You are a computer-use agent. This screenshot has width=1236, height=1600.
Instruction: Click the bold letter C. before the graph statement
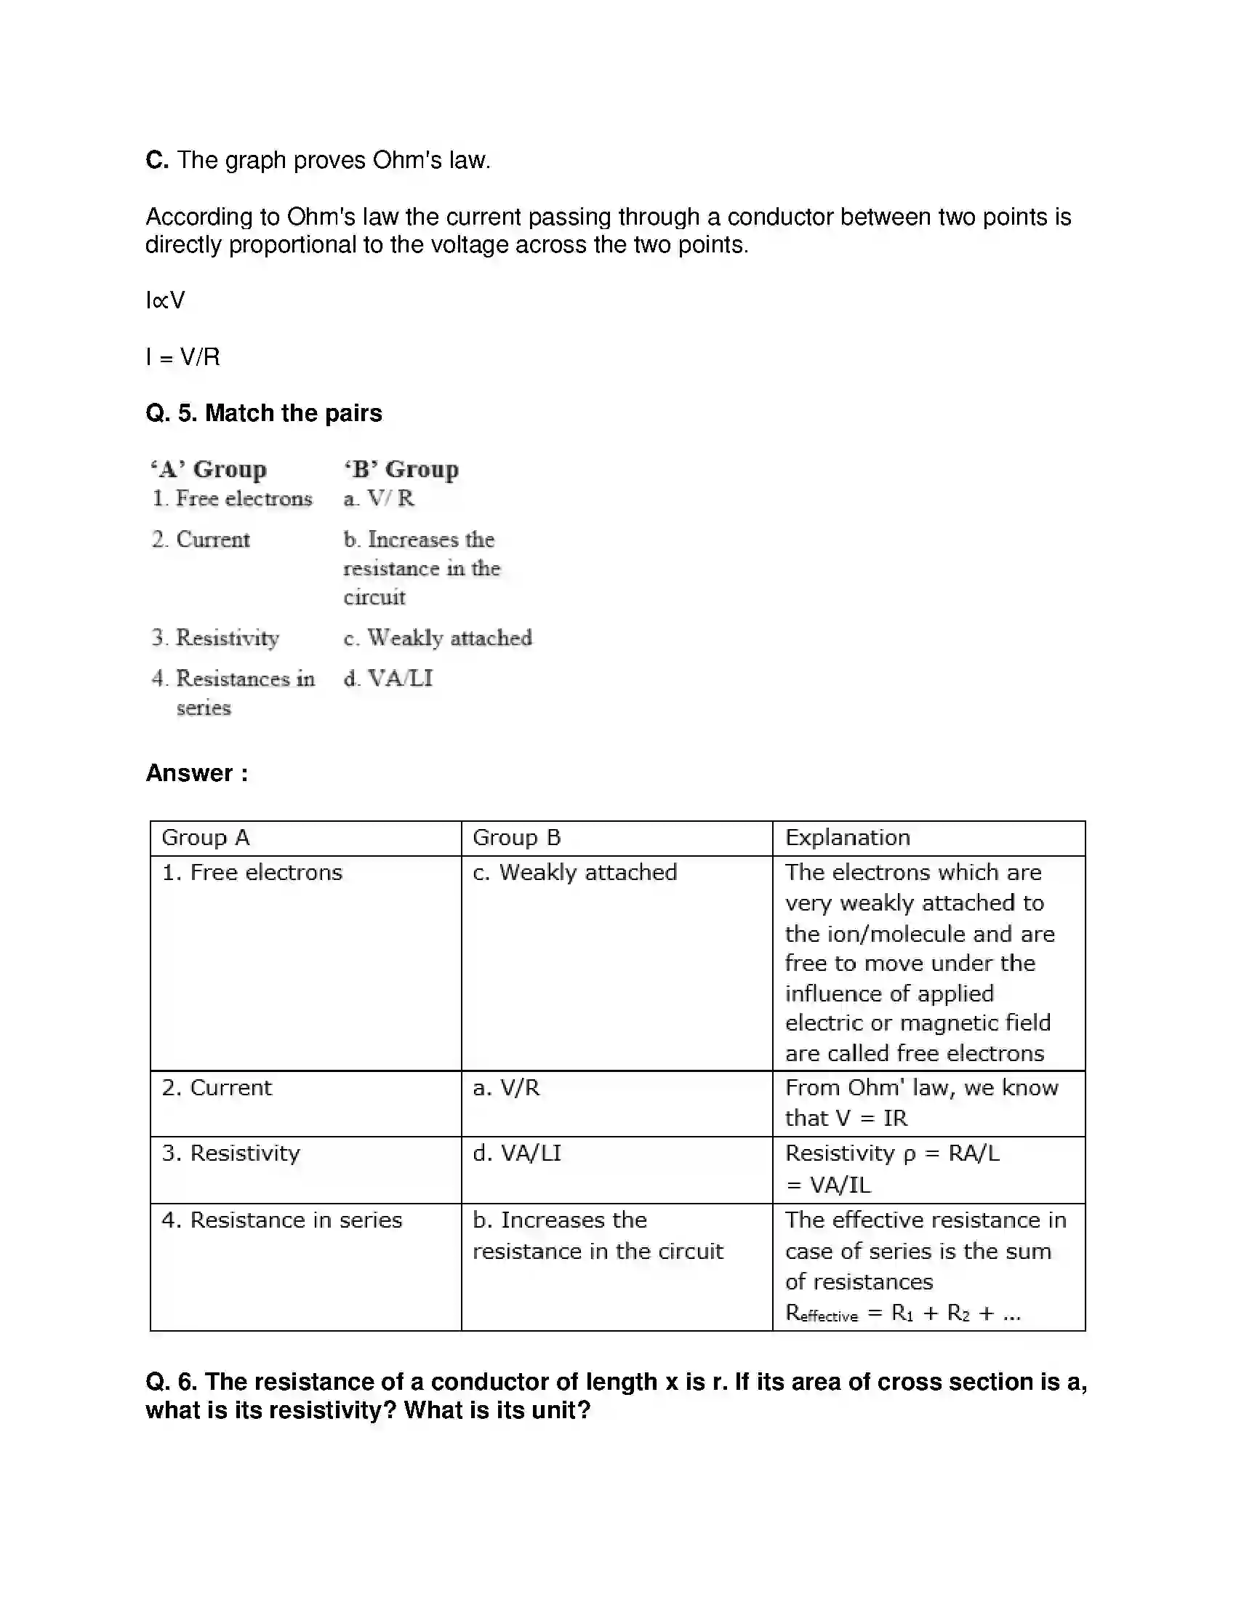[157, 160]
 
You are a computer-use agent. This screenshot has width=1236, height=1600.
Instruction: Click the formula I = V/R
[183, 357]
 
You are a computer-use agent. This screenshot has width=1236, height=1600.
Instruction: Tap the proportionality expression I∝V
[166, 300]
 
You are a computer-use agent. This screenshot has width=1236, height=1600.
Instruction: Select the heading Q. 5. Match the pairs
[264, 413]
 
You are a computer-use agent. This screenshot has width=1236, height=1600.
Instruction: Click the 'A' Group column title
[209, 469]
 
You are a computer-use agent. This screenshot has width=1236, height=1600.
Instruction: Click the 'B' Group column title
[401, 469]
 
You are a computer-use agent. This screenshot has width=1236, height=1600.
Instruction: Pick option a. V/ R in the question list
[379, 499]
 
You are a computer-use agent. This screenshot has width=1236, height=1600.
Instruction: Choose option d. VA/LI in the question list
[388, 679]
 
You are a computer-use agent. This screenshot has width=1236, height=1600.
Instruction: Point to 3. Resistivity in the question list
[215, 638]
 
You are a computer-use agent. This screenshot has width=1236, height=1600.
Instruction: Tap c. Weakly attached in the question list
[438, 638]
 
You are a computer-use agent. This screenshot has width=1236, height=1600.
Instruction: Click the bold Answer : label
[196, 773]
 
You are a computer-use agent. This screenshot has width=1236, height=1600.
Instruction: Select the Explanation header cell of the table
[847, 837]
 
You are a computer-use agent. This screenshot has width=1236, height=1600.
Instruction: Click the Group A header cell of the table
[206, 837]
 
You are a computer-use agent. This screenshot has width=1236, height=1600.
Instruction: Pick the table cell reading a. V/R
[506, 1088]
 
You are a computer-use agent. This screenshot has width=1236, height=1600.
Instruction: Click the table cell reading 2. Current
[217, 1088]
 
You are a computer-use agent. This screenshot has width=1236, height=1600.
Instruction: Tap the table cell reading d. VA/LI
[517, 1153]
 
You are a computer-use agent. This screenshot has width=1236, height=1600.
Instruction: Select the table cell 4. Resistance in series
[282, 1220]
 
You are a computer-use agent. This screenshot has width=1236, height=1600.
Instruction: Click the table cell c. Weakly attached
[575, 873]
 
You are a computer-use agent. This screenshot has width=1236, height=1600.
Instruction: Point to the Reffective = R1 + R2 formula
[902, 1313]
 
